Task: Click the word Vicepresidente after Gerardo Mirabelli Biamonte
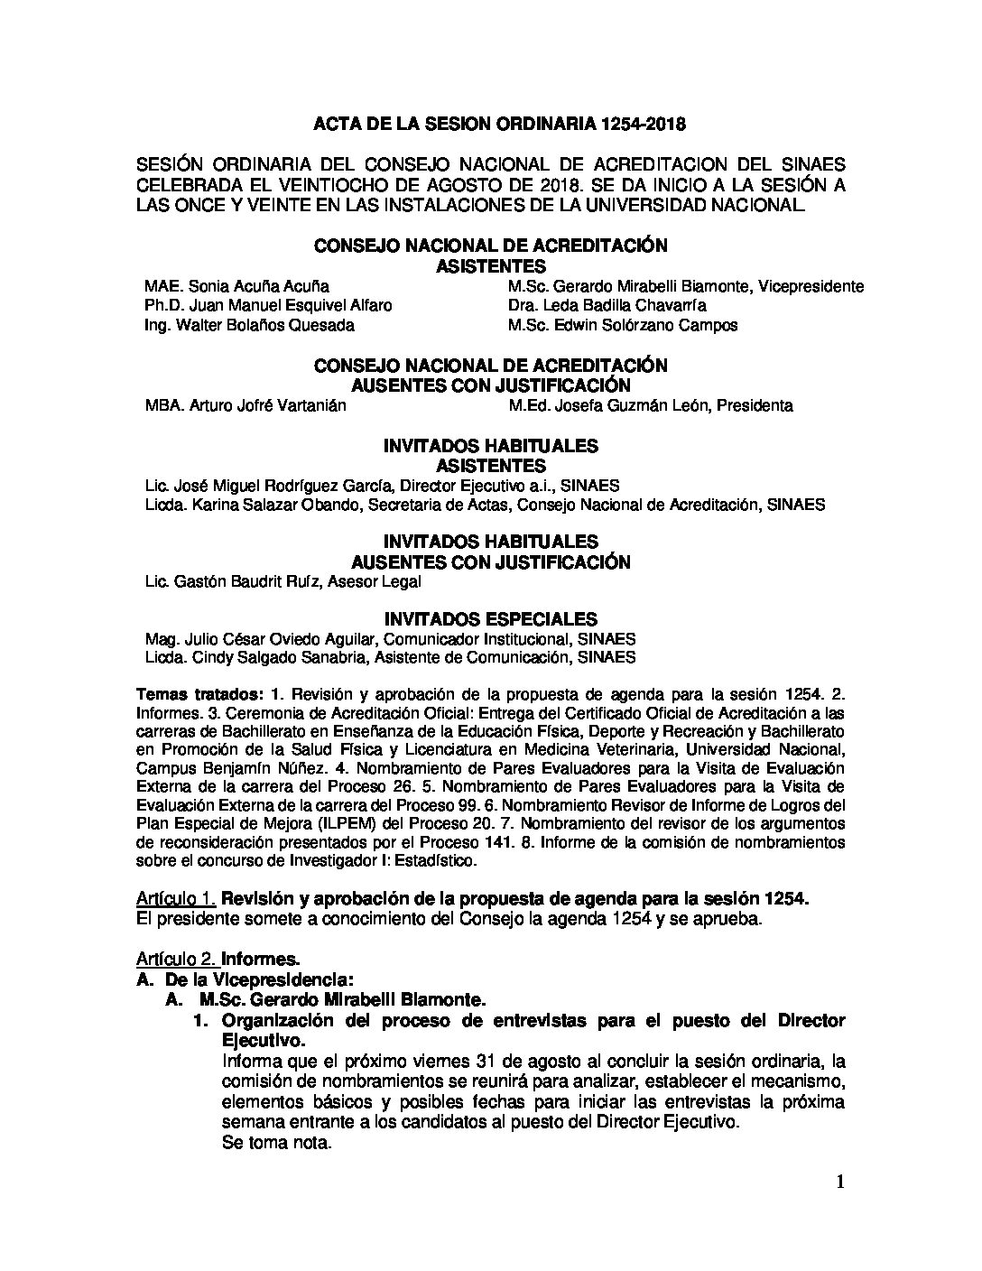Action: [x=811, y=286]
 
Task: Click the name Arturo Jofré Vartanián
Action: [x=267, y=405]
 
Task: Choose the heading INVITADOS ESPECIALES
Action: [x=490, y=619]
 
